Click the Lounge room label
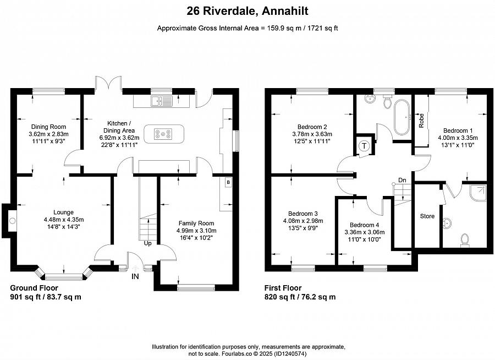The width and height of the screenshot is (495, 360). [63, 212]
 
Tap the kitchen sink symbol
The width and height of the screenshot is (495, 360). [161, 101]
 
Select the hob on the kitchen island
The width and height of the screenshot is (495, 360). [163, 134]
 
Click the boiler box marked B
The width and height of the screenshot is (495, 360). [228, 182]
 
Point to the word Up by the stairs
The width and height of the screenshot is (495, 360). [148, 243]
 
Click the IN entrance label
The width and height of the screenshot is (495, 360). [135, 276]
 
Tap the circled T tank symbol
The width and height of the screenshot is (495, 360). [365, 146]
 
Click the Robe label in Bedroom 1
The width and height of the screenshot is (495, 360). [421, 121]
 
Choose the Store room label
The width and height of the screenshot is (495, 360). [427, 216]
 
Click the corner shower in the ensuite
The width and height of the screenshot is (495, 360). [478, 193]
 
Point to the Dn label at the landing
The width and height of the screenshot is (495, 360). [402, 180]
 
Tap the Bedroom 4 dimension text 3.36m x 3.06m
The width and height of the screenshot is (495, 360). [364, 232]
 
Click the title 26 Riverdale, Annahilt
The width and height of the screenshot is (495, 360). [248, 11]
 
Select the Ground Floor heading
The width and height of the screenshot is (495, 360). [34, 288]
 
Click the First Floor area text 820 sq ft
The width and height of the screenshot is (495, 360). [279, 297]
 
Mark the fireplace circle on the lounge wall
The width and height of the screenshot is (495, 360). [12, 221]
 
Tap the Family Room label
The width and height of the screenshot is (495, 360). [196, 223]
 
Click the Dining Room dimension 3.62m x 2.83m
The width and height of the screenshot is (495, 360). [48, 134]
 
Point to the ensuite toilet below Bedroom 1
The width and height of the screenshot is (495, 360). [465, 239]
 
